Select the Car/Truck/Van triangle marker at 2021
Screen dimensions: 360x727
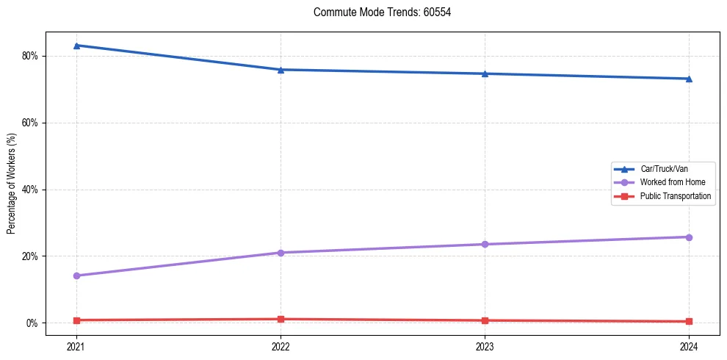(76, 46)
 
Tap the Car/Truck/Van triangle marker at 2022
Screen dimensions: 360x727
(281, 70)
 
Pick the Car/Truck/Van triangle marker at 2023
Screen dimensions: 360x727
(485, 73)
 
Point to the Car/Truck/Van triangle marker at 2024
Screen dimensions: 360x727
(689, 79)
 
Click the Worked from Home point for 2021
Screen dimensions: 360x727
(76, 276)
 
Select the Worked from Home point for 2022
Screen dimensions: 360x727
(281, 253)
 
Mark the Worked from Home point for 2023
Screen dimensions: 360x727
(485, 244)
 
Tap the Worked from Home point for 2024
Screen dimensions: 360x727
(689, 237)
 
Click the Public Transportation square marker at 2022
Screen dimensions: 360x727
(281, 319)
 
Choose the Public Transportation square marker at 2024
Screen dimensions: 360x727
(689, 321)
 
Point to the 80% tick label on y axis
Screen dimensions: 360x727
(29, 56)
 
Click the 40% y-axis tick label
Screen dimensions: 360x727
(29, 190)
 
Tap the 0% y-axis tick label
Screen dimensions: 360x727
(32, 323)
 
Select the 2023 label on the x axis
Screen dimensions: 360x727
(485, 346)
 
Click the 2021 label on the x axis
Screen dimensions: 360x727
(76, 346)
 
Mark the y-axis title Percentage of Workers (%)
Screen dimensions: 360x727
(12, 184)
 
